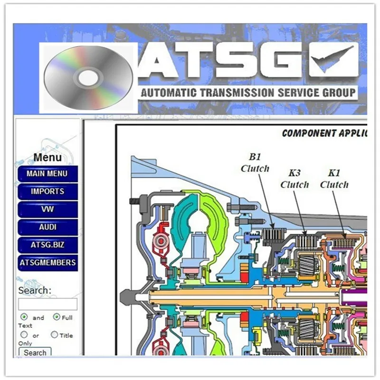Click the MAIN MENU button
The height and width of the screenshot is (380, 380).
[47, 173]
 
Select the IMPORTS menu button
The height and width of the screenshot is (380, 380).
[47, 191]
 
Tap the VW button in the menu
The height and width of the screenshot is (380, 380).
[47, 209]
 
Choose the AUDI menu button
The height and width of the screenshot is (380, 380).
[47, 227]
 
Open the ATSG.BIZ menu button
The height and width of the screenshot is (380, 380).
[47, 245]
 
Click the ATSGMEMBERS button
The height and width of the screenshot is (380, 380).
[47, 262]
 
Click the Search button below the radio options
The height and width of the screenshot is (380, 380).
[35, 352]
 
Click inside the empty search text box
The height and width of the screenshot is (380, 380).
[47, 304]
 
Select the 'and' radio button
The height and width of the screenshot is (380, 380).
[24, 317]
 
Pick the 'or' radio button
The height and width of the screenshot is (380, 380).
[24, 335]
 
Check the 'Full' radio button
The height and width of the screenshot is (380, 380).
[57, 317]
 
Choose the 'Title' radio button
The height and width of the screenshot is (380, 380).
[54, 335]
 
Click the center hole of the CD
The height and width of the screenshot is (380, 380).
[88, 78]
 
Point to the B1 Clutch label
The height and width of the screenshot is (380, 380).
[255, 162]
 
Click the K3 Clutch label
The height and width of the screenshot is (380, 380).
[294, 179]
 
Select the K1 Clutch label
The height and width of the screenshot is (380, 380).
[334, 179]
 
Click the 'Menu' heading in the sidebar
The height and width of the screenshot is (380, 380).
[47, 157]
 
